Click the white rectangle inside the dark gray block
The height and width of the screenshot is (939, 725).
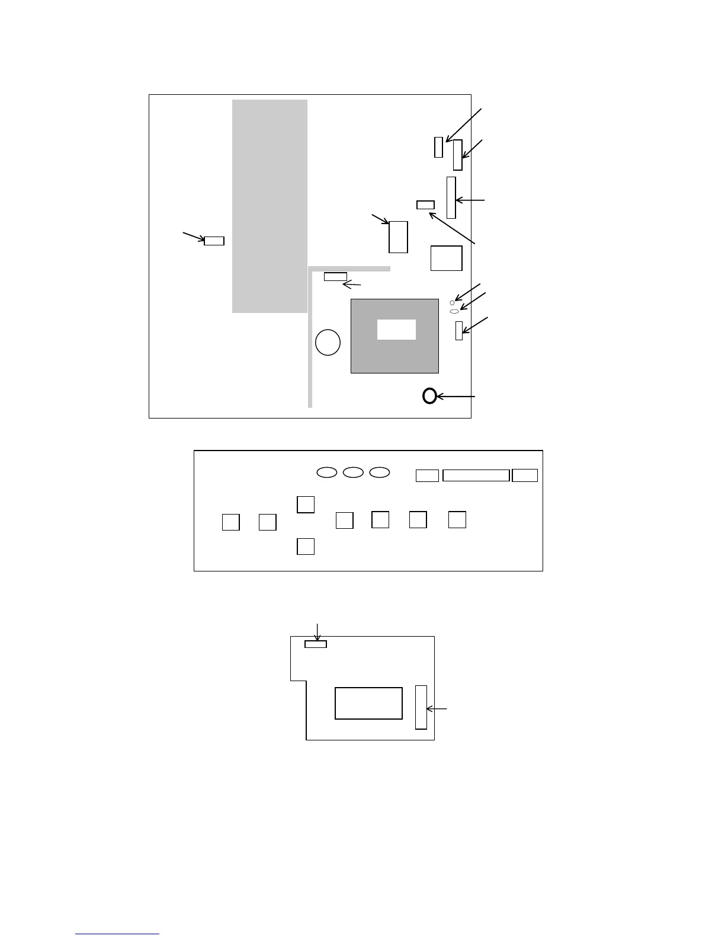396,330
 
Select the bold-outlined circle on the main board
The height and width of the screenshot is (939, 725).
430,396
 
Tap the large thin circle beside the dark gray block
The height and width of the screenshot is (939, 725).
328,343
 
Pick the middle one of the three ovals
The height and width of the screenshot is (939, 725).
354,472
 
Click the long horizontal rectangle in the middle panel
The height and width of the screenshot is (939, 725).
476,475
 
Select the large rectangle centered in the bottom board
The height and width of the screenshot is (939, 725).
368,703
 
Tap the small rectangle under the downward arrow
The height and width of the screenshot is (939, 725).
316,644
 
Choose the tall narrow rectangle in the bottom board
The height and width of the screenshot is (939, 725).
421,707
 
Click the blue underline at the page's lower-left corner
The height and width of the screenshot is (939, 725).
117,934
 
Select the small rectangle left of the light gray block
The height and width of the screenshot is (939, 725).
214,241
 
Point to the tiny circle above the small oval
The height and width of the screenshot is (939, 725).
453,303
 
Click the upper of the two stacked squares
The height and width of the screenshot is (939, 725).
306,504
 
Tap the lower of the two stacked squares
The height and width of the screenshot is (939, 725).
306,546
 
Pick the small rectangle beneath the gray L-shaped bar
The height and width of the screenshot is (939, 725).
335,277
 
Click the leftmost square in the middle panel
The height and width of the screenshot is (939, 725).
231,522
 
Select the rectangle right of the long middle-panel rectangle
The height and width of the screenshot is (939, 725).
525,475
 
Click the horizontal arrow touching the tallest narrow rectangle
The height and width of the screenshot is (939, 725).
470,201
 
